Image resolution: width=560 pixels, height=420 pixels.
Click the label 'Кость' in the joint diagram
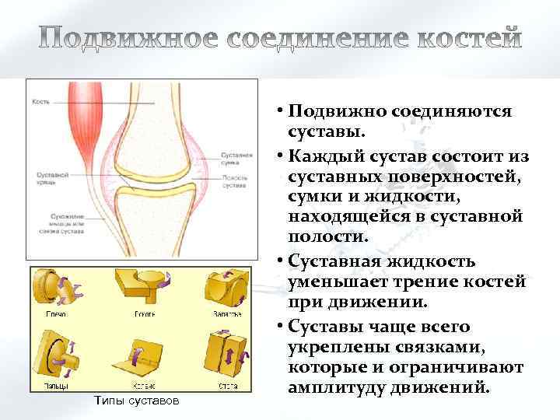pyautogui.click(x=41, y=102)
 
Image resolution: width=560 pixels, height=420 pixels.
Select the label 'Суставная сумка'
pyautogui.click(x=235, y=159)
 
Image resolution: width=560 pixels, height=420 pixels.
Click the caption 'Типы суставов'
pyautogui.click(x=135, y=401)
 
